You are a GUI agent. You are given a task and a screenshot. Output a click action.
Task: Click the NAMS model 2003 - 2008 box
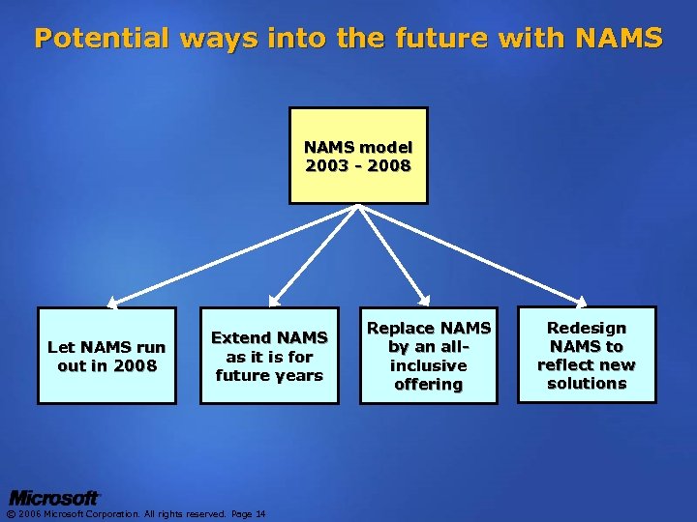pyautogui.click(x=358, y=156)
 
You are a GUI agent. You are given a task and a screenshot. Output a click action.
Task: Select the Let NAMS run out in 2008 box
pyautogui.click(x=106, y=356)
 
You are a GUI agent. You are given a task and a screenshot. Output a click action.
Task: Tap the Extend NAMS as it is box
pyautogui.click(x=269, y=356)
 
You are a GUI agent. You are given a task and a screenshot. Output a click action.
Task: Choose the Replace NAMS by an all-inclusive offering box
pyautogui.click(x=427, y=356)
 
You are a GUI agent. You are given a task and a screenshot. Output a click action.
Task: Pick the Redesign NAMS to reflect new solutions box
pyautogui.click(x=587, y=356)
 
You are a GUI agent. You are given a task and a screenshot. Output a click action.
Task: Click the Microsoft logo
pyautogui.click(x=54, y=498)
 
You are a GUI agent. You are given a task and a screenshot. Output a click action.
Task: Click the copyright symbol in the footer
pyautogui.click(x=11, y=513)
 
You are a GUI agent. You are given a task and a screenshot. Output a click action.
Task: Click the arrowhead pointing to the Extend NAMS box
pyautogui.click(x=273, y=303)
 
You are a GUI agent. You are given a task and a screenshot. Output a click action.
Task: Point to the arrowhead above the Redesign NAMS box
pyautogui.click(x=583, y=303)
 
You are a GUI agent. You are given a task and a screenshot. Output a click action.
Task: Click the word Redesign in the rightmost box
pyautogui.click(x=587, y=329)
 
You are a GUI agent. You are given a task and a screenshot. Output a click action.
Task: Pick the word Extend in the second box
pyautogui.click(x=241, y=338)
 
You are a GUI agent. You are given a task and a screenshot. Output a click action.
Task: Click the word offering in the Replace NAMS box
pyautogui.click(x=427, y=384)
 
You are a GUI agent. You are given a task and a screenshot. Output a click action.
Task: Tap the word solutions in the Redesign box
pyautogui.click(x=587, y=384)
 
